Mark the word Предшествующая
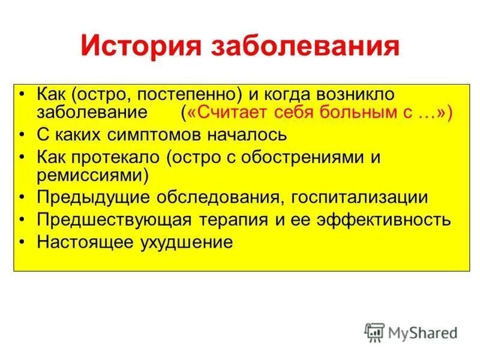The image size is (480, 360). pyautogui.click(x=114, y=220)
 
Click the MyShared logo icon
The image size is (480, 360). pyautogui.click(x=374, y=332)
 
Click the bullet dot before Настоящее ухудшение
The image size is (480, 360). pyautogui.click(x=23, y=242)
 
